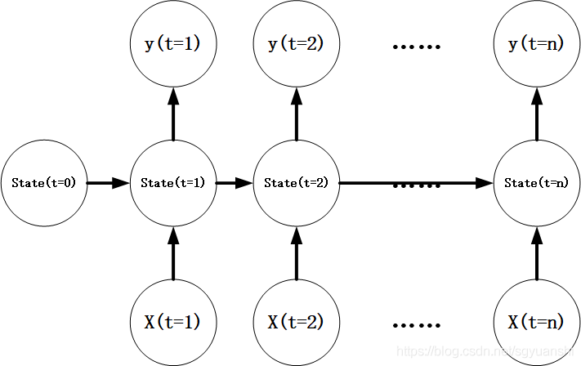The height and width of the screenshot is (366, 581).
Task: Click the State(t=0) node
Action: [x=43, y=183]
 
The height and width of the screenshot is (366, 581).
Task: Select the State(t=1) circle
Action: [x=172, y=183]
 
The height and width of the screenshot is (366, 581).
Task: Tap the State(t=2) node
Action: [x=296, y=183]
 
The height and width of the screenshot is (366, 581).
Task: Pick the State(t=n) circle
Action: [x=537, y=183]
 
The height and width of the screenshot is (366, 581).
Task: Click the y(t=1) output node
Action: [x=172, y=45]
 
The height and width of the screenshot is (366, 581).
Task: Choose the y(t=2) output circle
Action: [x=296, y=45]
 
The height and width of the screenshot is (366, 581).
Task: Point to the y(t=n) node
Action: [x=537, y=45]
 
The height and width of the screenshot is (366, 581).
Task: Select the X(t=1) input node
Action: [x=172, y=321]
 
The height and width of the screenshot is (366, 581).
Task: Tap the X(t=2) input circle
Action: [x=296, y=321]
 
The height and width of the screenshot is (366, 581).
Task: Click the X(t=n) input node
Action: [x=537, y=321]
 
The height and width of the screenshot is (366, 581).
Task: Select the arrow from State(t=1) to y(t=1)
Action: [x=172, y=114]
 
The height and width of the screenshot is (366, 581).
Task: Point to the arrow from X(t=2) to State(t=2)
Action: [x=296, y=252]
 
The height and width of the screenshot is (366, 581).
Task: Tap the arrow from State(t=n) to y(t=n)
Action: [x=537, y=114]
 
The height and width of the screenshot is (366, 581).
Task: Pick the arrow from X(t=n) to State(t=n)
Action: [x=537, y=252]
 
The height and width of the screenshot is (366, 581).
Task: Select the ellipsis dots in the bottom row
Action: [x=416, y=324]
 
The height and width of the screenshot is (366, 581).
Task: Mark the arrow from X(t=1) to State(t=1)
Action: [x=172, y=252]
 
